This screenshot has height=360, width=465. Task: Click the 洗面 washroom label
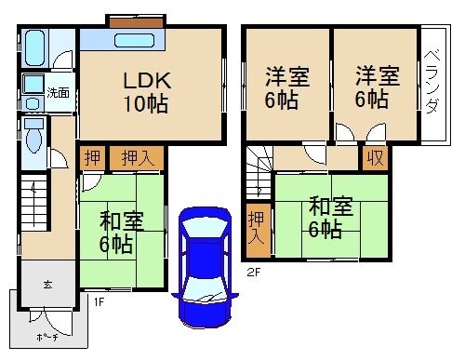click(59, 93)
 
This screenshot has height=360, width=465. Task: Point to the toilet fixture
click(34, 136)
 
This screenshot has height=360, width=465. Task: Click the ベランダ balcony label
click(432, 82)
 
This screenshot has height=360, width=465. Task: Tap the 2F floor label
click(253, 273)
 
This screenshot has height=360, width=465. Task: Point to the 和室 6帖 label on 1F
click(121, 233)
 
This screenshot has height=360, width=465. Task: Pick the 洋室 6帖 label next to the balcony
click(374, 88)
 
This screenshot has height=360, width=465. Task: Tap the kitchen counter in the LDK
click(123, 40)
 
